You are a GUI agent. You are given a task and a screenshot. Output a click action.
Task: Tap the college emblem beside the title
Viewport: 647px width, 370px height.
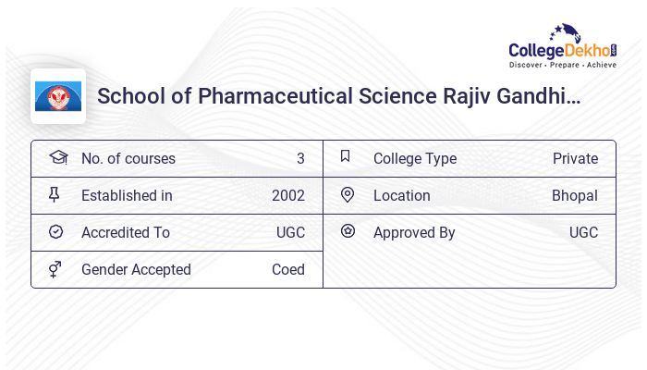(58, 96)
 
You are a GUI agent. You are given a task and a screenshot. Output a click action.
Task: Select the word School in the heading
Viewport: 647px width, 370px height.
(128, 96)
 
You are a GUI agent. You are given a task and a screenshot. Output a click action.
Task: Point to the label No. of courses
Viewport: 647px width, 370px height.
(128, 158)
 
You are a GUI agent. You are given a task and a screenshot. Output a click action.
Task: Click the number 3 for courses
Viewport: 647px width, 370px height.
(300, 158)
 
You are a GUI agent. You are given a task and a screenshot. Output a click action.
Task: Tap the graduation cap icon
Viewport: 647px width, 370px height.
(57, 157)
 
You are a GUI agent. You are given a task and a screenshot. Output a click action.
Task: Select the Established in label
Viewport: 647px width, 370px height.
(127, 195)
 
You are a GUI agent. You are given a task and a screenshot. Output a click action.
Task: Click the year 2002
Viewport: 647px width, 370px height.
(288, 195)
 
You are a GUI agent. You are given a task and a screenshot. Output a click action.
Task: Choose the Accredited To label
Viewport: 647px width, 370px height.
(126, 232)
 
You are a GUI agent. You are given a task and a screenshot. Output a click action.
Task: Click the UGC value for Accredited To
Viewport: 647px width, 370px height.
(290, 232)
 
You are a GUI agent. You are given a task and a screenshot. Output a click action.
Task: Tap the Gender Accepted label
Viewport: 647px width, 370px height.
(136, 269)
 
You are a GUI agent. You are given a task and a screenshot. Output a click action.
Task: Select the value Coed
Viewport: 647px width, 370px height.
(288, 269)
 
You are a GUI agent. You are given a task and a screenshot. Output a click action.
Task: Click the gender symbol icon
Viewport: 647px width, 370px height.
(56, 269)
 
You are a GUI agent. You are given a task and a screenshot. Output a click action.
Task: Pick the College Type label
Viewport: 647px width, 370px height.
(415, 158)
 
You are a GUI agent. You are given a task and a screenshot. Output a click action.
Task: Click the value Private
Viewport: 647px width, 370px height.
(575, 158)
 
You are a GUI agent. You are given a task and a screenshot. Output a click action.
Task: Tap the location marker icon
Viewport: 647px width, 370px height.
(348, 194)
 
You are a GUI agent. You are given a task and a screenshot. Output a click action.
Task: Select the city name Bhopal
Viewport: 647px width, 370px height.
(575, 195)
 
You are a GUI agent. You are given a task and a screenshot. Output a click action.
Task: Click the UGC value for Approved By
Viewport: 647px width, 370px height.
(583, 232)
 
